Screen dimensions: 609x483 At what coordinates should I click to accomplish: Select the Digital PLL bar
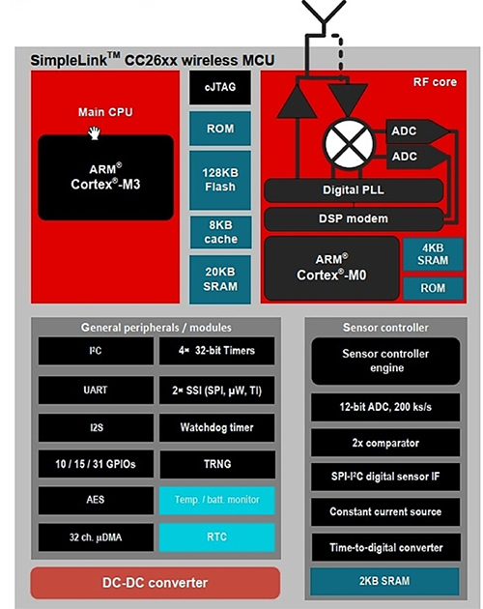pos(353,190)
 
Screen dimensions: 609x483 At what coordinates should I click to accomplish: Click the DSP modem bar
pos(353,218)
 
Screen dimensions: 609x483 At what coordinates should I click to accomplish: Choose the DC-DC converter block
pos(155,583)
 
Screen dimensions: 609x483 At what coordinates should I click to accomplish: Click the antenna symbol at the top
pos(319,19)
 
